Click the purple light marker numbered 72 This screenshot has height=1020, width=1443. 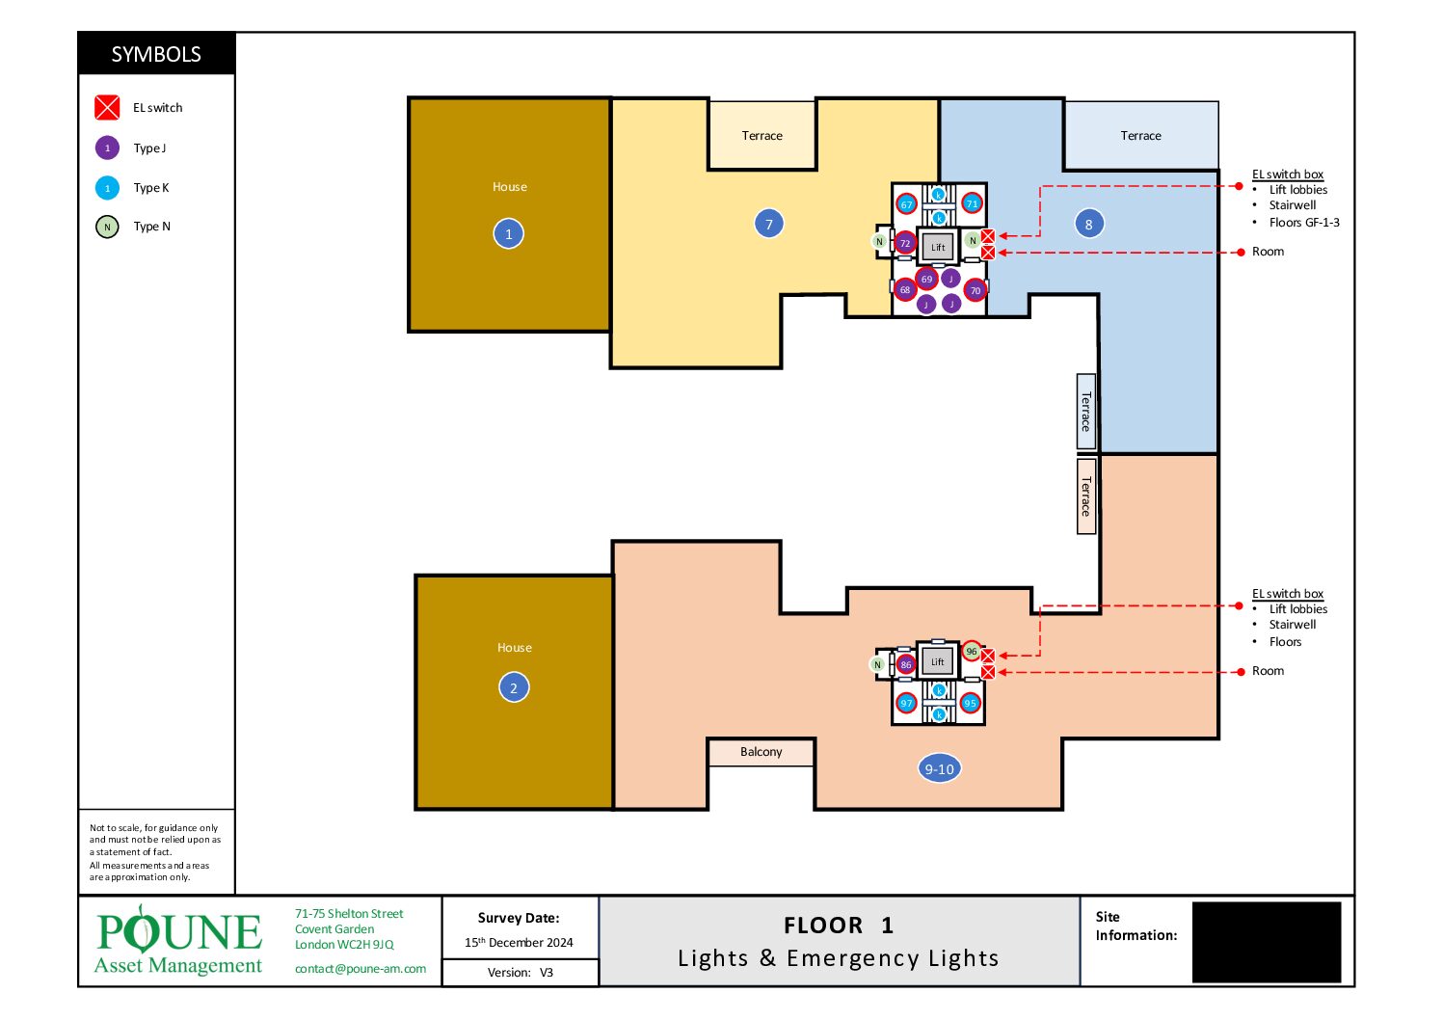pos(905,243)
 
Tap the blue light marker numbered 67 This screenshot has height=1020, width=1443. pos(906,205)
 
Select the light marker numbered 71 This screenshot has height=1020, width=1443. pos(972,203)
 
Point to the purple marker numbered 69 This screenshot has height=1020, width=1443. pos(926,279)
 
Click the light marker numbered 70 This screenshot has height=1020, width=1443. pos(975,290)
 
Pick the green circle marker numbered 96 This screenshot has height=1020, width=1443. pos(972,652)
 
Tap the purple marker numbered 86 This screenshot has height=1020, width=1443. pos(906,664)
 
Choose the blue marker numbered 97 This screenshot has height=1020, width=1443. pos(906,703)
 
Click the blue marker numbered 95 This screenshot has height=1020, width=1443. pos(970,703)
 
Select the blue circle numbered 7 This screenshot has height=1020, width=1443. pos(768,225)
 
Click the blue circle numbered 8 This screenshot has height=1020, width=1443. pos(1088,225)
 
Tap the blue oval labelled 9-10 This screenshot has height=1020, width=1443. pos(939,768)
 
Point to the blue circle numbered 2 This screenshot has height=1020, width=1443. pos(514,687)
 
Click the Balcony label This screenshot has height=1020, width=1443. pos(761,752)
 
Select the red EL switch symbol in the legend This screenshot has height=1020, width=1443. pos(107,108)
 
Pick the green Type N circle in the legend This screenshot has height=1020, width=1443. pos(107,227)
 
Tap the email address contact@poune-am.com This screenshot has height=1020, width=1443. pos(361,969)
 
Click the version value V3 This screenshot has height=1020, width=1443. pos(547,973)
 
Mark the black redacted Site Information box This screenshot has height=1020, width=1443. pos(1266,942)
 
